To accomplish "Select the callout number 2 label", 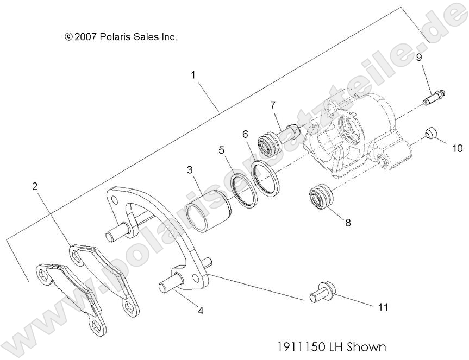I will coord(35,186).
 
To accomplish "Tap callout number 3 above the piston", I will coord(189,170).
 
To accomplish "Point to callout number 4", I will coord(201,312).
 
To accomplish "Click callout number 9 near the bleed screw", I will coord(419,57).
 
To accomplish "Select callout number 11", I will coord(383,307).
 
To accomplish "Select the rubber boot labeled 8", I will coord(320,197).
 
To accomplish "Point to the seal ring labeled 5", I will coord(244,191).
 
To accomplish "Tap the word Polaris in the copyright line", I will coord(114,37).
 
